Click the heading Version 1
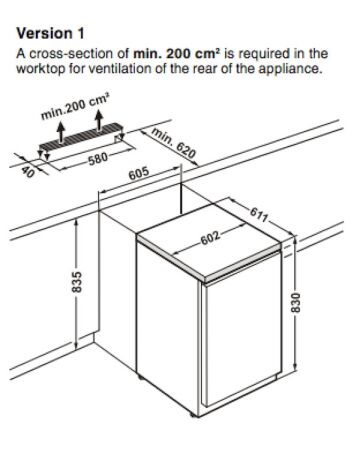click(x=51, y=33)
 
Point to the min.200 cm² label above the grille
click(x=75, y=107)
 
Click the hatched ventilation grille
click(x=80, y=137)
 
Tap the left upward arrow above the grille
click(x=60, y=131)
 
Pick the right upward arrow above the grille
click(x=98, y=121)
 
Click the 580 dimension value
click(x=98, y=157)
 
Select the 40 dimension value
click(x=28, y=172)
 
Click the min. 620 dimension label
click(x=173, y=142)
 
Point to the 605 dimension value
click(x=139, y=173)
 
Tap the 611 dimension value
click(x=259, y=214)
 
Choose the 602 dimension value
click(x=210, y=237)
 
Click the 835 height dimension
click(x=76, y=282)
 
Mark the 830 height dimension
click(x=296, y=303)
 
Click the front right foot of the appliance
click(x=193, y=415)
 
